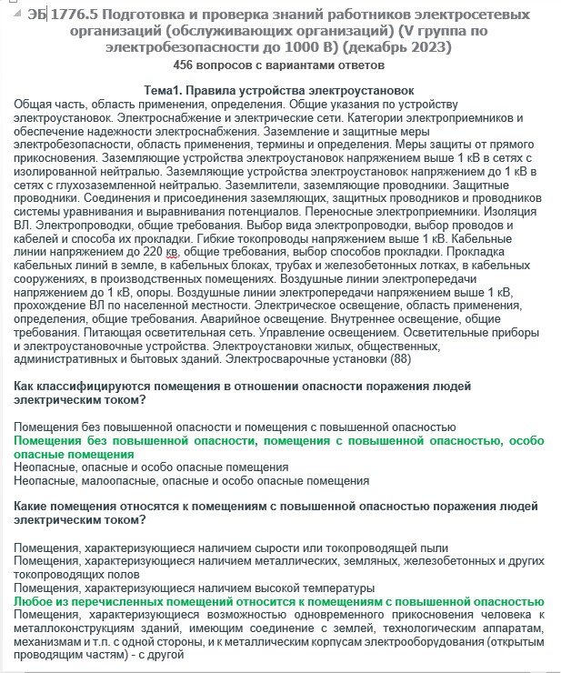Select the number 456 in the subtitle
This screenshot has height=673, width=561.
click(x=184, y=65)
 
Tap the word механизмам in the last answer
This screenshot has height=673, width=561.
click(x=46, y=640)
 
